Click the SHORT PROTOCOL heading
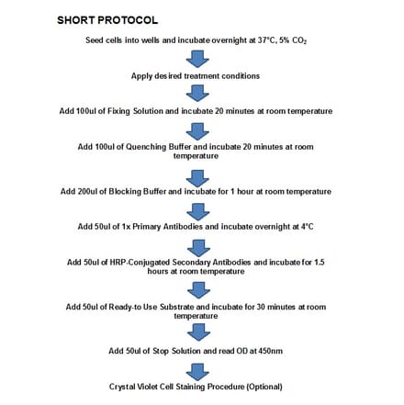pos(107,19)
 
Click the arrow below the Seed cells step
pos(197,58)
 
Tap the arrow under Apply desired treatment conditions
pos(197,93)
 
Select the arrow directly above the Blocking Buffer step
pos(197,174)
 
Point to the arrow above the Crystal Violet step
pos(197,370)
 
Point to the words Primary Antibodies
pos(188,226)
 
